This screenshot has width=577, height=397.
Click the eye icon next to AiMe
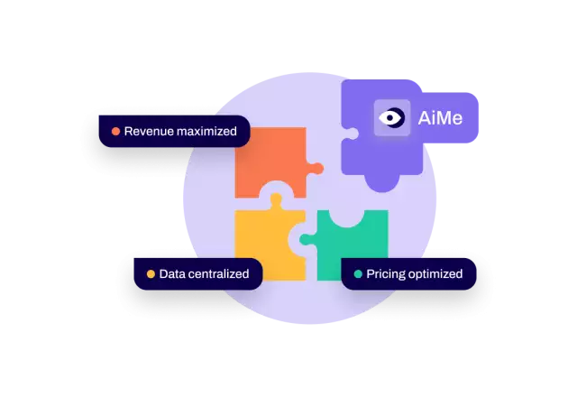(392, 118)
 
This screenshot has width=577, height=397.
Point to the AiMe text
(440, 118)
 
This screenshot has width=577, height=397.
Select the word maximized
(206, 132)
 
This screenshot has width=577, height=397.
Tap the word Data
(171, 273)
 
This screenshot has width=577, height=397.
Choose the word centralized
(218, 273)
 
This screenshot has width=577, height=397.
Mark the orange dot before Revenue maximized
(115, 132)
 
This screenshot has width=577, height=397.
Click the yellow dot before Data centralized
(151, 273)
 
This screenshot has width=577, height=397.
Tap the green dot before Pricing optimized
(358, 273)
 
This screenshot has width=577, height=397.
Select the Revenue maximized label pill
(174, 132)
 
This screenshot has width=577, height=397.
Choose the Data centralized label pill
(198, 273)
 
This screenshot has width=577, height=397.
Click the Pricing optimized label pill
(408, 273)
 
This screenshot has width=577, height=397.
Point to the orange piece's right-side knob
(316, 167)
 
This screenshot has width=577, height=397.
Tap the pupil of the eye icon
(389, 118)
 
